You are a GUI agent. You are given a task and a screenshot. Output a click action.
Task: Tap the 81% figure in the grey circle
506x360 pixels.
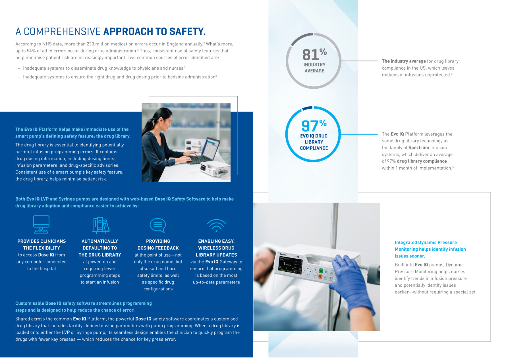(x=314, y=54)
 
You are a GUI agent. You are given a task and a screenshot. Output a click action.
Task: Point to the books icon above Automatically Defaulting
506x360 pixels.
(x=101, y=225)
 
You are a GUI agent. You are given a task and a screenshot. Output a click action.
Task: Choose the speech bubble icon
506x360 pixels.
(x=158, y=225)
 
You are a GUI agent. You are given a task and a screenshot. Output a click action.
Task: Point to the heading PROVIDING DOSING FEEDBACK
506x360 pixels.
(x=158, y=245)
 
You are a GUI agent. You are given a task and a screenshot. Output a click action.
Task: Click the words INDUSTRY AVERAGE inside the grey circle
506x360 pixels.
(x=314, y=68)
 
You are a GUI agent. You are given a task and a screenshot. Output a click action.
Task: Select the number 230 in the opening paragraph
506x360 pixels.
(x=90, y=44)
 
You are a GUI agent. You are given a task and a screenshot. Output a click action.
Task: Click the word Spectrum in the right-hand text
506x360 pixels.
(x=419, y=148)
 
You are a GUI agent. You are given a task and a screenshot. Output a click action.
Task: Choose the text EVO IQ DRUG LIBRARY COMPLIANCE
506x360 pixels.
(x=314, y=142)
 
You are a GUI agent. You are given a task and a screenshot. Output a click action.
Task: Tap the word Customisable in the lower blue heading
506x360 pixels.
(x=30, y=303)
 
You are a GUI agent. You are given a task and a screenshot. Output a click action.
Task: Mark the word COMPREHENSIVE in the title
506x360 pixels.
(x=62, y=32)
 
